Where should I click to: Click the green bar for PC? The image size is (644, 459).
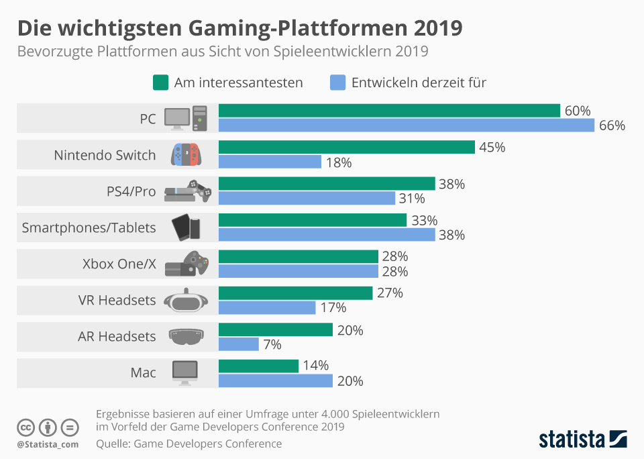pos(389,111)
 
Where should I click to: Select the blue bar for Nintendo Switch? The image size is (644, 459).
pos(270,162)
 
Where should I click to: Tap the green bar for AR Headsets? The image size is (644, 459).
pos(276,329)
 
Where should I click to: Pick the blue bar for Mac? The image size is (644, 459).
pos(276,380)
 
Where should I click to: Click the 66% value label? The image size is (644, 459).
pos(612,125)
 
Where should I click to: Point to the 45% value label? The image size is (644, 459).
pos(492,147)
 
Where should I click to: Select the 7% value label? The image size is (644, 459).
pos(272,344)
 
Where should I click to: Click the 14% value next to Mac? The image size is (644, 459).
pos(315,366)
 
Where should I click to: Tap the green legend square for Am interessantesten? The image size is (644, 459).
pos(160,83)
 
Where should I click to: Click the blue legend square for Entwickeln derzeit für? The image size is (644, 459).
pos(338,83)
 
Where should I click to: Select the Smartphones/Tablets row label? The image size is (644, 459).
pos(89,227)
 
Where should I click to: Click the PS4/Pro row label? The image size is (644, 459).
pos(131,191)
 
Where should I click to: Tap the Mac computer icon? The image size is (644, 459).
pos(185,372)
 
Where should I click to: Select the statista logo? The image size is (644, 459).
pos(583,439)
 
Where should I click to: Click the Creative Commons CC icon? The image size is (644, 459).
pos(26,427)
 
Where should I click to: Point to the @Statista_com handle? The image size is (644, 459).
pos(48,444)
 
